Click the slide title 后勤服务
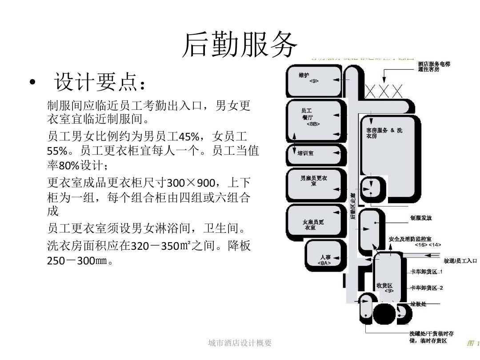click(x=240, y=45)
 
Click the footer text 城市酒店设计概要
click(x=240, y=343)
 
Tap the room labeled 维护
click(x=304, y=76)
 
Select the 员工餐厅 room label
click(x=307, y=114)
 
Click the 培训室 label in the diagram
click(x=306, y=153)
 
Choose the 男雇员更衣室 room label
click(x=313, y=180)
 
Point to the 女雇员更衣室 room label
click(x=313, y=224)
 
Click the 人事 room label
click(x=325, y=258)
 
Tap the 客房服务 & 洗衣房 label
click(x=384, y=133)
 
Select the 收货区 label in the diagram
click(x=384, y=285)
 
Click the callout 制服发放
click(x=421, y=218)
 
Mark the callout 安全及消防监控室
click(x=413, y=239)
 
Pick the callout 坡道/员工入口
click(x=460, y=260)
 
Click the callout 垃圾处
click(x=418, y=304)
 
